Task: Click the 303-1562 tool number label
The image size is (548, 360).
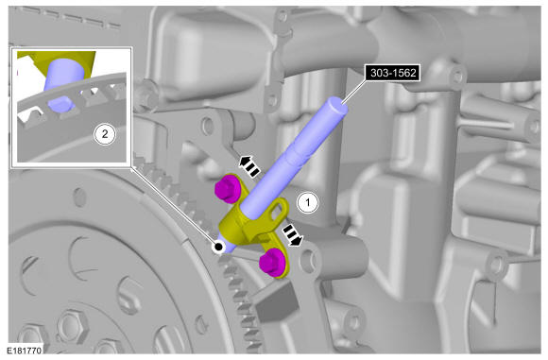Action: [393, 73]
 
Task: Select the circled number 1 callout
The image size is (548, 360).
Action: [308, 202]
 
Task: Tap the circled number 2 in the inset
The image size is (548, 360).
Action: [105, 134]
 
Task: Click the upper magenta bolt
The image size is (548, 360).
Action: [227, 189]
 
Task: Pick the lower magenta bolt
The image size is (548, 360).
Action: [272, 263]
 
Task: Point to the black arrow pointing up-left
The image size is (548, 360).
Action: [248, 166]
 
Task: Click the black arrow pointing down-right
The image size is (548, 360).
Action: [292, 234]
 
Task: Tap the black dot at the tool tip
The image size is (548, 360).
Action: [219, 247]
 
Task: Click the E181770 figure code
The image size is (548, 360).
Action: [24, 351]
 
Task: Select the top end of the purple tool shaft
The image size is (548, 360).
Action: [337, 105]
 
